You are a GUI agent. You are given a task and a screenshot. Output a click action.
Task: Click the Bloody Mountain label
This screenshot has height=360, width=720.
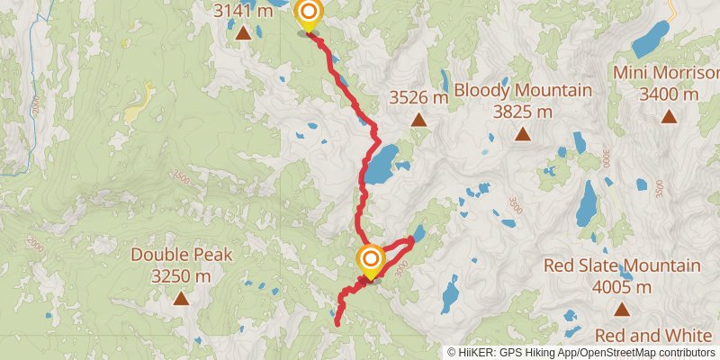(523, 90)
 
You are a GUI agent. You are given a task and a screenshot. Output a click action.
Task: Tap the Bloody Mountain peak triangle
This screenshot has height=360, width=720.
(522, 134)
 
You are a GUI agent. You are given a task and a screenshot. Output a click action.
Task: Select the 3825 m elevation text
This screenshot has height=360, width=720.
(522, 112)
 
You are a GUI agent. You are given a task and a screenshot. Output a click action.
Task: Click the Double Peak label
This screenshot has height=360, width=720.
(182, 255)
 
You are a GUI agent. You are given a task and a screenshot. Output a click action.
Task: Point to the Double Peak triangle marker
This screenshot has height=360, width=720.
(181, 298)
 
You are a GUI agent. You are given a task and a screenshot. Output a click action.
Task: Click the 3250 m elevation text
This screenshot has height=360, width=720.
(181, 276)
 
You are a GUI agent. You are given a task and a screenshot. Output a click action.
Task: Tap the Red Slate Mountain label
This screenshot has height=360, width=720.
(622, 265)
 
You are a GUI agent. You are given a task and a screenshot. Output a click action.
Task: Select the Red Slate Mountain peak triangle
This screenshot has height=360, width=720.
(621, 310)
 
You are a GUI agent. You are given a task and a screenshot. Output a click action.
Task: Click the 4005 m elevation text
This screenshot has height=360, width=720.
(621, 287)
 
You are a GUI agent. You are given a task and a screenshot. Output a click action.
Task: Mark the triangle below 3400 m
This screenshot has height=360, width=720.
(669, 116)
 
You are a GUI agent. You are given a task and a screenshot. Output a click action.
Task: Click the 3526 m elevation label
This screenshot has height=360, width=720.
(418, 97)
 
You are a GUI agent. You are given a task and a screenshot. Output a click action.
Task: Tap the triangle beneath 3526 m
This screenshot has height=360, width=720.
(418, 119)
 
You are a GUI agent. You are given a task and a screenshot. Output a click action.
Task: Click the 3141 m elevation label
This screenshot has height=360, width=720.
(243, 12)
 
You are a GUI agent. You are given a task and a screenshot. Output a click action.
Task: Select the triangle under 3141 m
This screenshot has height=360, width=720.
(243, 34)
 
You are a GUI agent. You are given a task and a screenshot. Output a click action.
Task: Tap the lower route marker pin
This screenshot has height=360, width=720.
(370, 262)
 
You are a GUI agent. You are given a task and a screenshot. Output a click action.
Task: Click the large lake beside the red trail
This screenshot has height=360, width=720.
(382, 165)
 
